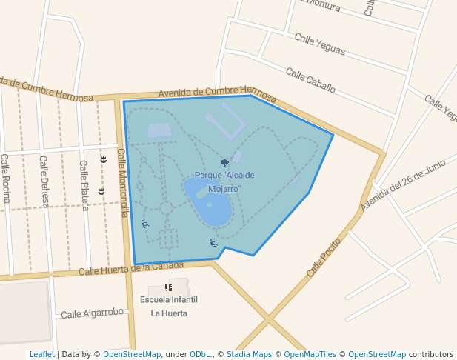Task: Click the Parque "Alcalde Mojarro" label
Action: tap(224, 182)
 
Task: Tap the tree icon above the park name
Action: tap(224, 163)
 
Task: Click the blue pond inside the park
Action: tap(209, 201)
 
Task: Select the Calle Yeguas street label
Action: tap(320, 44)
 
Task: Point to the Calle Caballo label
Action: tap(310, 81)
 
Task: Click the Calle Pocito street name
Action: tap(324, 257)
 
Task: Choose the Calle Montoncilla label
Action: tap(124, 182)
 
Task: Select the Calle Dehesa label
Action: tap(44, 181)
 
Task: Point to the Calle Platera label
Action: tap(84, 185)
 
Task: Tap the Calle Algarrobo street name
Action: tap(92, 313)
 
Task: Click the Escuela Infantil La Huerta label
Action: tap(169, 306)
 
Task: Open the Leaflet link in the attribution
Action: tap(41, 355)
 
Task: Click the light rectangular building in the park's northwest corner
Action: tap(159, 130)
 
